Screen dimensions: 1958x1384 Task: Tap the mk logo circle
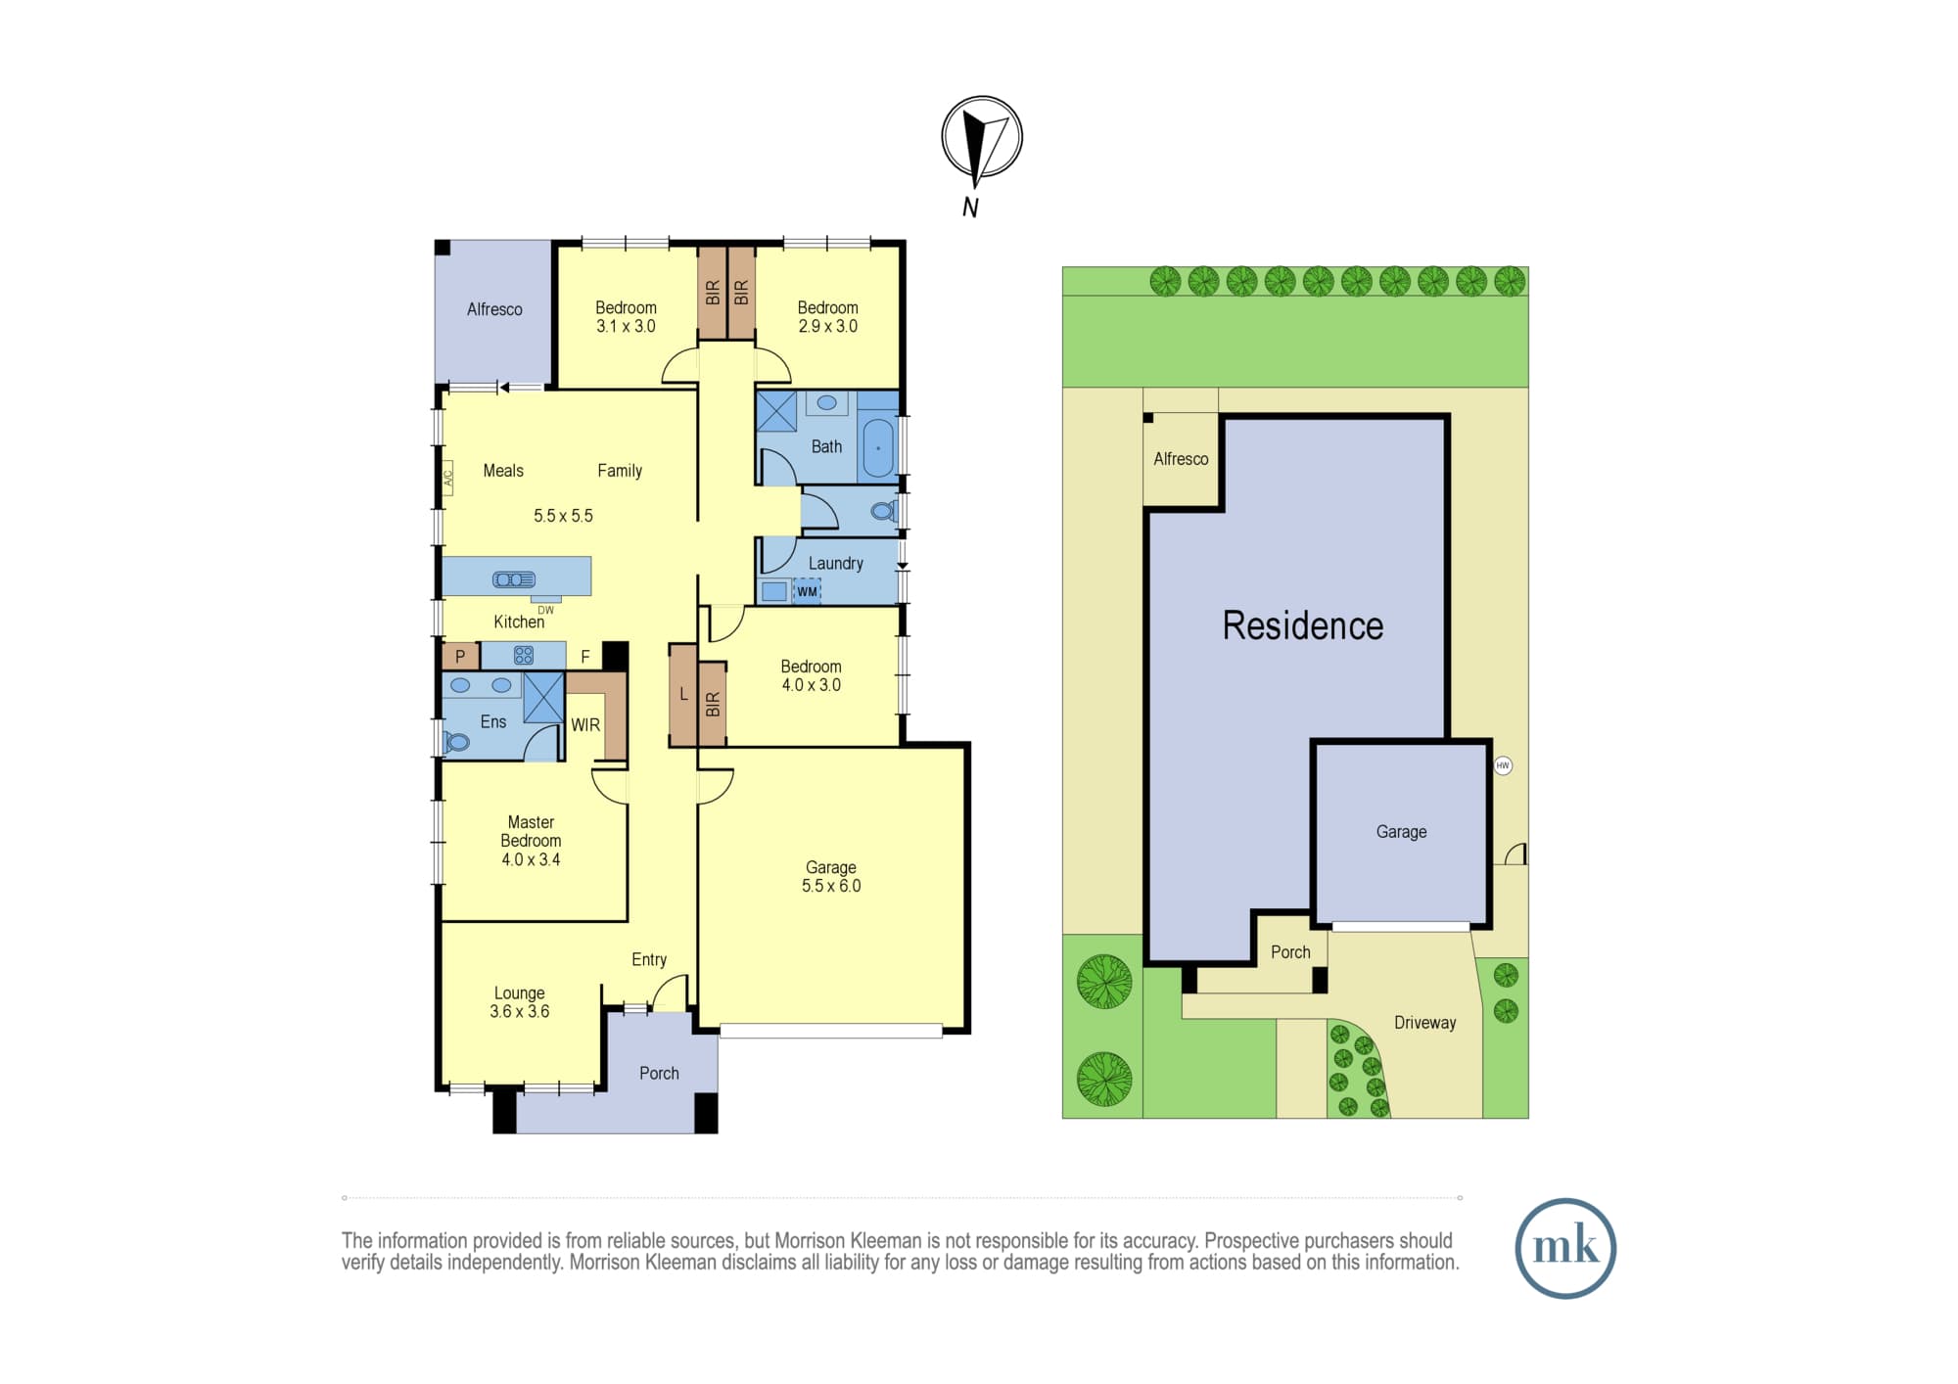coord(1565,1248)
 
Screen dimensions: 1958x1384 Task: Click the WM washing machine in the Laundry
coord(807,591)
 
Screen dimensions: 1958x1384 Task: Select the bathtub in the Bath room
coord(878,448)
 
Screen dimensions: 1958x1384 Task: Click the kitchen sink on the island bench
coord(514,579)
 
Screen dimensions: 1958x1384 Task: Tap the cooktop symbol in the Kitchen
coord(524,655)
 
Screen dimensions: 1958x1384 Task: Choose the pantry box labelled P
coord(460,656)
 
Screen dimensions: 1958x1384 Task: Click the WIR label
coord(585,725)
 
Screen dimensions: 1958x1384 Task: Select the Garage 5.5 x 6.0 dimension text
coord(831,886)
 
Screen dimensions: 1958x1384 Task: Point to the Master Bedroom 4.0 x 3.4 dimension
coord(531,859)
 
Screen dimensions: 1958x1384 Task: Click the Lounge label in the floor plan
coord(519,993)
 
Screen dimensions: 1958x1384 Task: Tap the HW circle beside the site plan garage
coord(1503,765)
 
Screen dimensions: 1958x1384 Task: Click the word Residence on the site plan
coord(1303,625)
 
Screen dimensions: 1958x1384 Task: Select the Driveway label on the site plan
coord(1424,1023)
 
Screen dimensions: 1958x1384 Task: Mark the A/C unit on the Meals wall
coord(448,478)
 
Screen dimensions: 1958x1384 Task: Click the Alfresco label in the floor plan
coord(494,309)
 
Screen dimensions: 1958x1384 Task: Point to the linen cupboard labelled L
coord(683,695)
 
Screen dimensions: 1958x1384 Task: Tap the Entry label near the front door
coord(649,960)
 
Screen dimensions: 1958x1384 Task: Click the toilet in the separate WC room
coord(883,511)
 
